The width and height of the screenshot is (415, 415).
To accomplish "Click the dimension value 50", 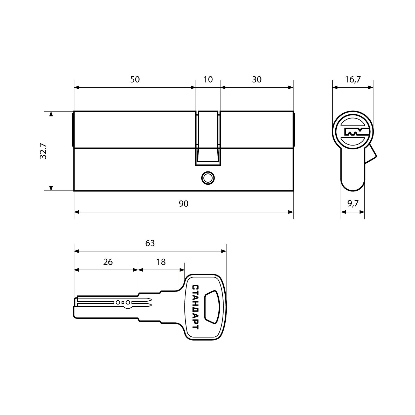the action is [x=135, y=79].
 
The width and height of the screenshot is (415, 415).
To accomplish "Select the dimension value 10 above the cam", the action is [x=208, y=79].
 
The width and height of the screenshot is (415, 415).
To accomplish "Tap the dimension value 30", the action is [x=257, y=79].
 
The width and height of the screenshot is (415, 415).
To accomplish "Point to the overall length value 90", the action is [x=183, y=204].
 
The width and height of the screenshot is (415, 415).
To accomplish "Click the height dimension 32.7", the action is [x=43, y=151].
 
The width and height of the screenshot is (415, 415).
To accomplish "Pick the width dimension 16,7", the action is [x=353, y=79].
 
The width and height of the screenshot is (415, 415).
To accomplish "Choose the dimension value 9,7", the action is [x=353, y=204].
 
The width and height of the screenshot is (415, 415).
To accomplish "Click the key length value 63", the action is [x=150, y=243].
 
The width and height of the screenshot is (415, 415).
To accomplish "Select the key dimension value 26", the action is [x=108, y=262].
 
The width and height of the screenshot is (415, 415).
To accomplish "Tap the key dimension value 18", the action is [x=161, y=262].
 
